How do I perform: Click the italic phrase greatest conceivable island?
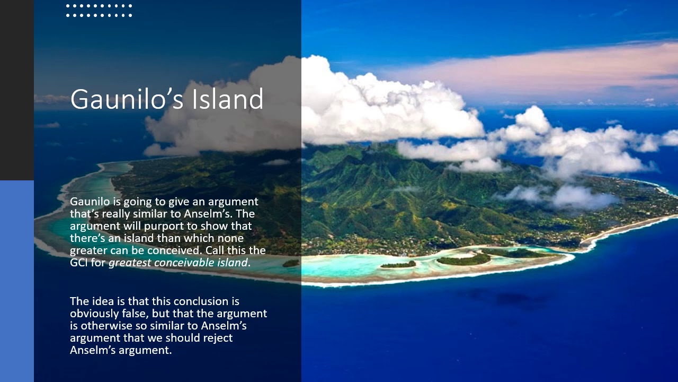[x=178, y=263]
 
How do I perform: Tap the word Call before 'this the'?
[x=216, y=250]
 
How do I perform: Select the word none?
[x=230, y=238]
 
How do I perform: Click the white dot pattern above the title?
[x=99, y=11]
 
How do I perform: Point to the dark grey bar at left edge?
[x=17, y=90]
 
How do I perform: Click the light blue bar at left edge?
[x=17, y=281]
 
